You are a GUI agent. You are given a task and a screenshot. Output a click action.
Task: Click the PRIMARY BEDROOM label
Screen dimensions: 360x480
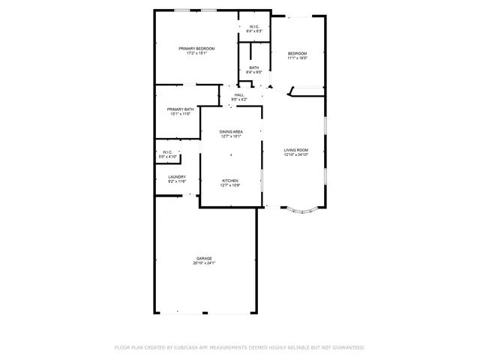(x=196, y=49)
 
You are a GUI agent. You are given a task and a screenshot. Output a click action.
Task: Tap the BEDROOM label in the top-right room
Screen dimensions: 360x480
(x=298, y=53)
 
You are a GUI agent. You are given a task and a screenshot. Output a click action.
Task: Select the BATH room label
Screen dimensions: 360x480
(x=254, y=68)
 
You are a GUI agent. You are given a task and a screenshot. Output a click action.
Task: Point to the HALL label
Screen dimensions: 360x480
(x=239, y=95)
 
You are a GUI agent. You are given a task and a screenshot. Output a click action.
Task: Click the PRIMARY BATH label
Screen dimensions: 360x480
(x=180, y=109)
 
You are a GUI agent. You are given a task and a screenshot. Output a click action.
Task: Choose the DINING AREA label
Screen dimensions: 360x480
(x=231, y=132)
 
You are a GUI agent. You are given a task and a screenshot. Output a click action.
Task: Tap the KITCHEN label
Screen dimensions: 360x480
(x=230, y=180)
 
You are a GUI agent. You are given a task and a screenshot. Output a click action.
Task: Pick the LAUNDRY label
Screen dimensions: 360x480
(x=176, y=177)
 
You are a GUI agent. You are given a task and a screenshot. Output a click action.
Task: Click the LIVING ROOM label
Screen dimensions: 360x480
(x=296, y=150)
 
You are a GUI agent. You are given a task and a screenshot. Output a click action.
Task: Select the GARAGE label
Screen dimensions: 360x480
(x=204, y=258)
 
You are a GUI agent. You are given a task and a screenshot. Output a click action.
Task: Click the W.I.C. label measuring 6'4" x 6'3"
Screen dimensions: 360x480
(x=254, y=27)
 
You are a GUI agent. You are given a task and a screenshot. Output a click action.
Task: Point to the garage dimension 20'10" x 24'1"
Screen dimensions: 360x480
(x=204, y=263)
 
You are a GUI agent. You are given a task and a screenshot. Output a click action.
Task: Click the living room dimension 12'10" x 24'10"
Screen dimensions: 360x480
(x=296, y=155)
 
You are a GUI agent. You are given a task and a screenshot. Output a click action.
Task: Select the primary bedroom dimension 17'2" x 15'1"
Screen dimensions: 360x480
(x=196, y=53)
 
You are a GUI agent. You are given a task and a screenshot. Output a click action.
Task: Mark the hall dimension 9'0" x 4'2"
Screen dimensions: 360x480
(x=239, y=100)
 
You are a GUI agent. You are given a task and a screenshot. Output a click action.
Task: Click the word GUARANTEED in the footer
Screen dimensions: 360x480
(x=346, y=348)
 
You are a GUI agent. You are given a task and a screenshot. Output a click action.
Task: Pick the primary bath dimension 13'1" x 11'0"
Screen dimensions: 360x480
(x=180, y=114)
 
